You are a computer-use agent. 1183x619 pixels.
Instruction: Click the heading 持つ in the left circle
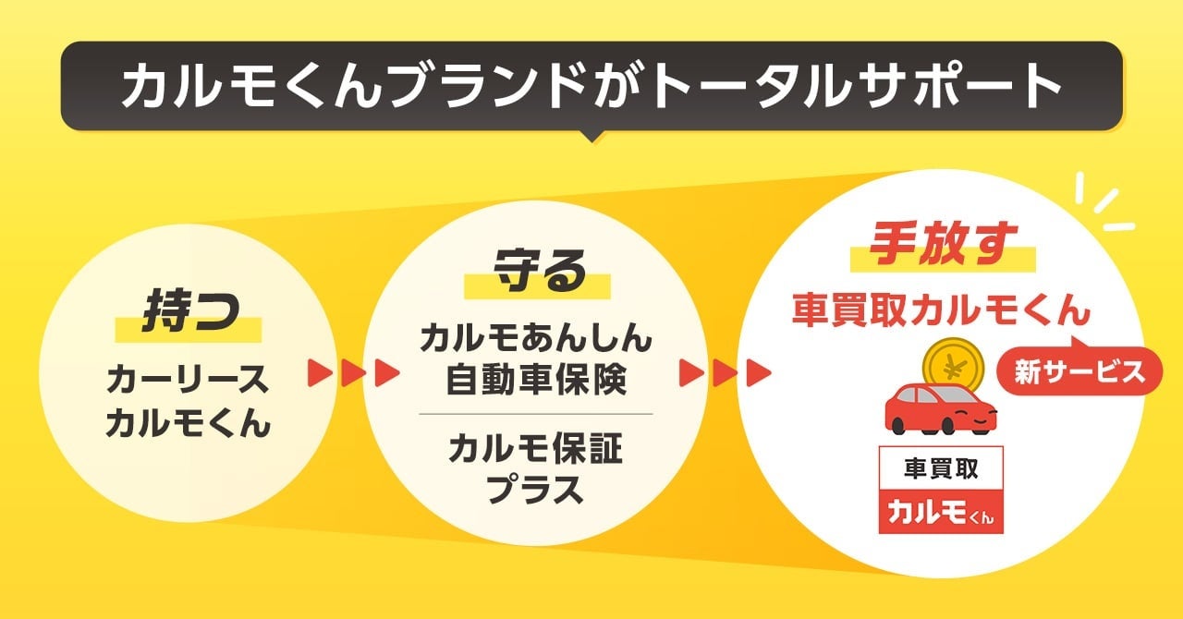[x=188, y=312]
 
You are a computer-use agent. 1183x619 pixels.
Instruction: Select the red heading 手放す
[x=943, y=243]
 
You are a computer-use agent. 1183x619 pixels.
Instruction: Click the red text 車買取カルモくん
[x=941, y=311]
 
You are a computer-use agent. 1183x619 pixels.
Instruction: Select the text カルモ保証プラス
[x=535, y=470]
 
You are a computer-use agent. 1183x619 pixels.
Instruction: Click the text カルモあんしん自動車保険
[x=535, y=359]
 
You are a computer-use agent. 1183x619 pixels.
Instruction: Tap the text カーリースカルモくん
[x=188, y=401]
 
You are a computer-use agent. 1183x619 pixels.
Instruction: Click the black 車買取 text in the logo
[x=941, y=468]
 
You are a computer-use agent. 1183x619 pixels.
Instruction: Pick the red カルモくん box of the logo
[x=941, y=513]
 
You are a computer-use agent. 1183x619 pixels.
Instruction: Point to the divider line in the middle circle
[x=535, y=414]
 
